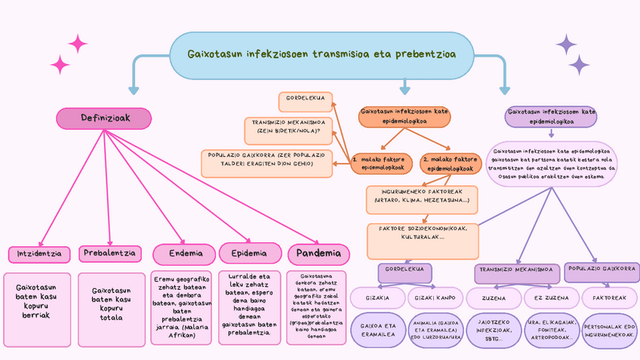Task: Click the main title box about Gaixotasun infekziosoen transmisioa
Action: point(321,54)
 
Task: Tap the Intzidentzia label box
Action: point(39,254)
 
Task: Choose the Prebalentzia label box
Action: point(109,253)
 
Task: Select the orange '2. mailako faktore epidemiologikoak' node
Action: point(450,163)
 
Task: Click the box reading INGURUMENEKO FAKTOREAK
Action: point(421,200)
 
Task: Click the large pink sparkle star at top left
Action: point(78,44)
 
